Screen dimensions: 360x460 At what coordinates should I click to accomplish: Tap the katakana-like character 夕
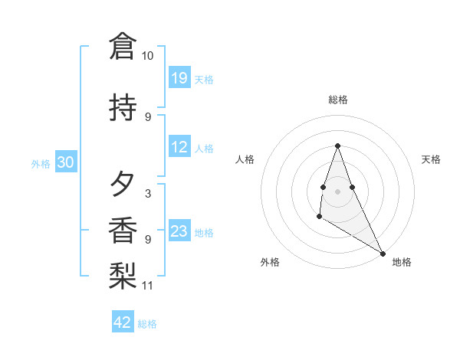coord(123,185)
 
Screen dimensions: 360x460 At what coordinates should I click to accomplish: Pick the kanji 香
coord(123,231)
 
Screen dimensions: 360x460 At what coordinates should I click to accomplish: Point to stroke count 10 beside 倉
coord(148,57)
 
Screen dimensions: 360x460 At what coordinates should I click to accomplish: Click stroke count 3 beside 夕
coord(148,194)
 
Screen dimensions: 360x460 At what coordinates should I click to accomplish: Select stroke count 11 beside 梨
coord(148,286)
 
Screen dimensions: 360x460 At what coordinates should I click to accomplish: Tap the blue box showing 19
coord(179,78)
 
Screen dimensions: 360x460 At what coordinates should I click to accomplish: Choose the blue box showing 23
coord(179,231)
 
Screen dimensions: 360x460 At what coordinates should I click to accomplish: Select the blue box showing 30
coord(65,162)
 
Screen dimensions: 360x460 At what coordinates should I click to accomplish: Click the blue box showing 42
coord(123,322)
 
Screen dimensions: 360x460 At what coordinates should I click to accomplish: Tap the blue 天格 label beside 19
coord(204,80)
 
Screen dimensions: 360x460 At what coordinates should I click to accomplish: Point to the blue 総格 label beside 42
coord(147,324)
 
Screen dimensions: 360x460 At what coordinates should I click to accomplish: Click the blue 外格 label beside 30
coord(41,163)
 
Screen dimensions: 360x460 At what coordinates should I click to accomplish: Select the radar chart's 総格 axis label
coord(337,100)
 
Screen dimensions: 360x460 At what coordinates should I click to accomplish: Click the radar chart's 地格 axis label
coord(402,262)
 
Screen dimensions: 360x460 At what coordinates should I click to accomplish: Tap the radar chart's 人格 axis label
coord(245,159)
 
